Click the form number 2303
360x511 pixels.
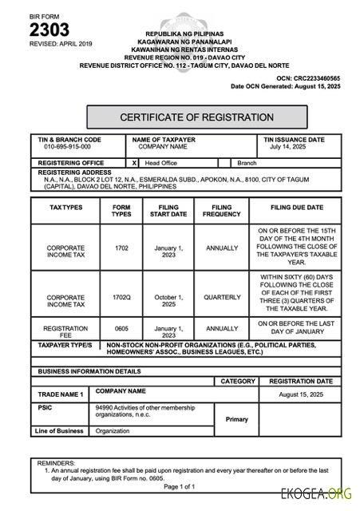pos(49,30)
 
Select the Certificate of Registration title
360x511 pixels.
pos(196,117)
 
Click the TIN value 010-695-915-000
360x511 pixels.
pos(68,147)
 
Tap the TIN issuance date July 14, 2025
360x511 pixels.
pos(288,147)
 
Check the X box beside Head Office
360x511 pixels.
pos(134,162)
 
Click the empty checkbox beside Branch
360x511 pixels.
pos(224,162)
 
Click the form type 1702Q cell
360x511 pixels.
pos(121,297)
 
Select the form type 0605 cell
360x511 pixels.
pos(121,328)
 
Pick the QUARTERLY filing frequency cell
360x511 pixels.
pos(222,297)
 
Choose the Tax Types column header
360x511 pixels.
pos(65,207)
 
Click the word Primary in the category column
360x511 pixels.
pos(237,418)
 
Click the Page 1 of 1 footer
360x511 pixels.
pos(180,485)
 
